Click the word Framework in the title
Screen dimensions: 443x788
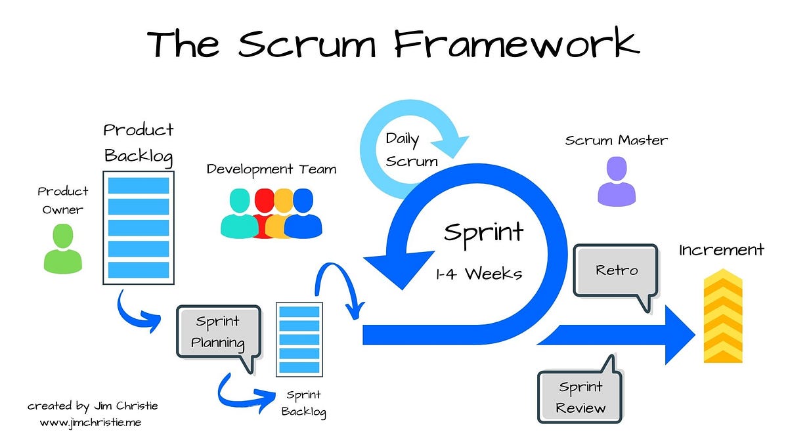tap(518, 44)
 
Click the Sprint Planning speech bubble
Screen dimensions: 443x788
tap(218, 332)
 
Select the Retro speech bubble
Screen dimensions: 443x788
tap(615, 270)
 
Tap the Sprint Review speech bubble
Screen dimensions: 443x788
tap(580, 398)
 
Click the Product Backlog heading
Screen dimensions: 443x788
tap(139, 142)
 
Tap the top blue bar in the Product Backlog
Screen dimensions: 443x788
tap(139, 185)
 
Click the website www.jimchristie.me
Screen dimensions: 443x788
tap(90, 423)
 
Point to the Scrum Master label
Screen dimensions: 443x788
tap(616, 140)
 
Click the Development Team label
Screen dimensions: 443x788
tap(271, 169)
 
